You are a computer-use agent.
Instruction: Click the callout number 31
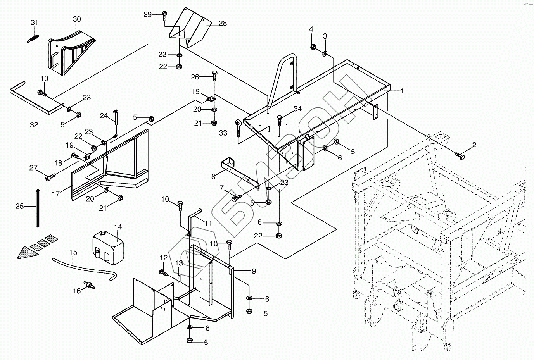click(x=35, y=23)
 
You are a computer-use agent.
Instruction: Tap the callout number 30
click(x=76, y=19)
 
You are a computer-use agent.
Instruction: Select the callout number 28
click(x=223, y=23)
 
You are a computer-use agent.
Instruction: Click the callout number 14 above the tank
click(x=118, y=227)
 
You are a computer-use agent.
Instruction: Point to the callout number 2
click(x=474, y=145)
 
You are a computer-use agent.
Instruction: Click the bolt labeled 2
click(x=460, y=155)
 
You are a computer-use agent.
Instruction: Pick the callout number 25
click(x=20, y=206)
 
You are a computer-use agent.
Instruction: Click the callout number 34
click(x=297, y=109)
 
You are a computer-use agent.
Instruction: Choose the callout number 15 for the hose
click(x=73, y=253)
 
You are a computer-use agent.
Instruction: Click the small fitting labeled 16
click(x=90, y=286)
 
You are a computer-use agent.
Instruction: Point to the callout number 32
click(x=34, y=125)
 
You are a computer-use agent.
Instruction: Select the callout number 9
click(x=254, y=272)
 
